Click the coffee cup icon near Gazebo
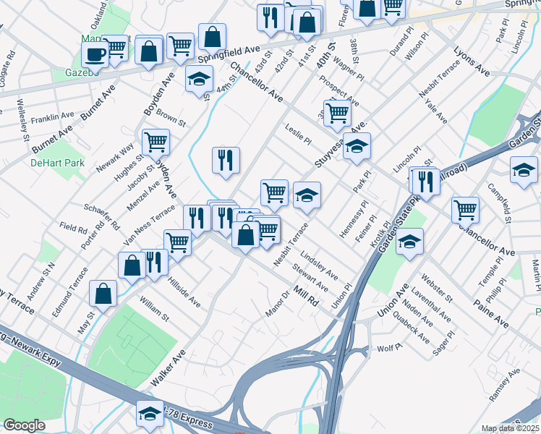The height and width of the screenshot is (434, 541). click(95, 53)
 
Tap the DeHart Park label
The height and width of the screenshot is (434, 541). click(57, 163)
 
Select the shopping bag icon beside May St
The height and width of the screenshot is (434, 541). click(103, 293)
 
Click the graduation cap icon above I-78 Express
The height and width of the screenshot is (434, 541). click(150, 413)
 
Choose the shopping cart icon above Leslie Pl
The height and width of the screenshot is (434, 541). click(337, 112)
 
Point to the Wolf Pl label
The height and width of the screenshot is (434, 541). click(389, 348)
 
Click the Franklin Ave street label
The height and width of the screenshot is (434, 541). click(53, 116)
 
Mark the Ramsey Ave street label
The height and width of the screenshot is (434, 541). click(504, 384)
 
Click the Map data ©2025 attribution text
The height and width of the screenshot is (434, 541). click(511, 428)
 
